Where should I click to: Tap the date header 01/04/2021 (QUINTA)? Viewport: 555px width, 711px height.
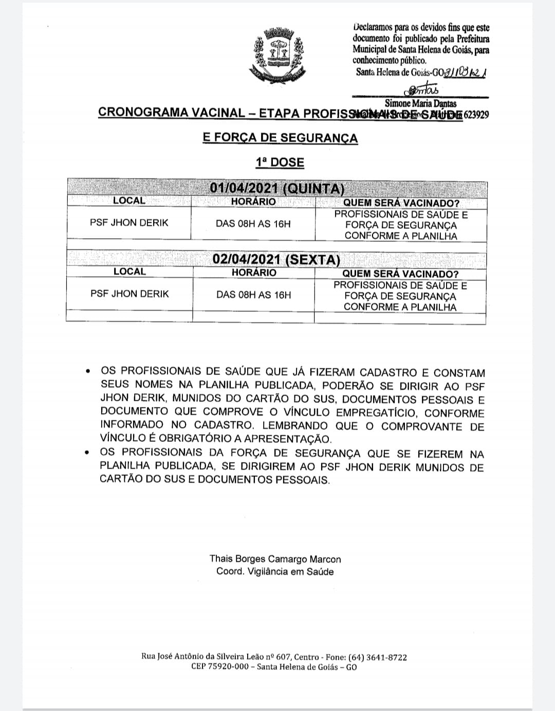277,188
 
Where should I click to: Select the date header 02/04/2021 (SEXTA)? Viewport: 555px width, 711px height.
276,259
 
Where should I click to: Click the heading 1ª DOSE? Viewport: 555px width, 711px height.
280,163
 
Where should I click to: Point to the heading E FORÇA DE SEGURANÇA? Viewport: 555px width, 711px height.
280,138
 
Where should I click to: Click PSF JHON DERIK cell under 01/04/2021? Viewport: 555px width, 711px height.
129,223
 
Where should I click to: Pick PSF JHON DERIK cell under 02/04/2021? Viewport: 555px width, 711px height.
129,294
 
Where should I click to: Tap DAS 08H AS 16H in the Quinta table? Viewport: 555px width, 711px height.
253,224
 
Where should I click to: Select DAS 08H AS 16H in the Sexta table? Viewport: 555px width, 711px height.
253,295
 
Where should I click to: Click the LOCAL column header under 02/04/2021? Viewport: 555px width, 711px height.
129,272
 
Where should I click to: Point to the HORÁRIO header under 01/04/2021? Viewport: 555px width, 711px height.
253,202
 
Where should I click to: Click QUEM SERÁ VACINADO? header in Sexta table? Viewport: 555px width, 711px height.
400,274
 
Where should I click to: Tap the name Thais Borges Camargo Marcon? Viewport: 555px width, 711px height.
275,559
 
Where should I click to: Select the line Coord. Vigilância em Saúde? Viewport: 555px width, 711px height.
275,572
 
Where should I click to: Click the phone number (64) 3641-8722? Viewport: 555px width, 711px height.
378,657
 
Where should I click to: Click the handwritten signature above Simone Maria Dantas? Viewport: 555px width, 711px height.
420,91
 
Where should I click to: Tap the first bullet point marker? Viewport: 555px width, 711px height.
89,371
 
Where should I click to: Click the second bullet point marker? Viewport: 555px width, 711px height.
89,453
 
